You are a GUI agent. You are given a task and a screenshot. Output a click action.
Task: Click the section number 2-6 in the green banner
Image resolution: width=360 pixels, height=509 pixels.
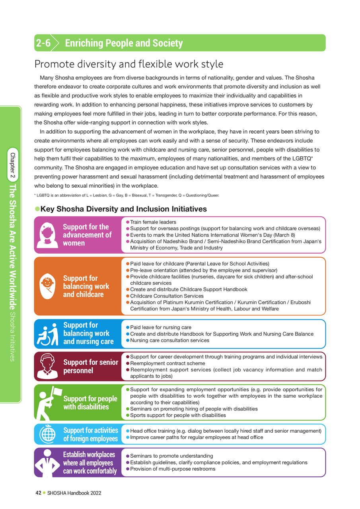[x=43, y=43]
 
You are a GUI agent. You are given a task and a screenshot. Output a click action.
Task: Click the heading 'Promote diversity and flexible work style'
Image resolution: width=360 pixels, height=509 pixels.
[x=129, y=64]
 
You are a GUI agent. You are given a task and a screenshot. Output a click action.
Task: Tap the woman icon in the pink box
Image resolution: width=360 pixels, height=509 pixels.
[x=48, y=235]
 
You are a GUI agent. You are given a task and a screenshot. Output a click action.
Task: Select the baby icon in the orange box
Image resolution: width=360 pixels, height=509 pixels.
[x=48, y=286]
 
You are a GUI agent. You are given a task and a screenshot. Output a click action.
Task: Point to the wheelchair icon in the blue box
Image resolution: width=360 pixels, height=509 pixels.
[x=48, y=334]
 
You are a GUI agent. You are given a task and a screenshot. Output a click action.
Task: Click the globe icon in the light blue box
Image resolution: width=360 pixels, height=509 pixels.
[x=48, y=434]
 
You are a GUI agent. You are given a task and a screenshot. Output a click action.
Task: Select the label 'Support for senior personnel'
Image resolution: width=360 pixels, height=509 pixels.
[x=90, y=366]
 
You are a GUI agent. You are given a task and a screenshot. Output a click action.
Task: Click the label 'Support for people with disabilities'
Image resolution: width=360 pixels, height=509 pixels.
[x=90, y=402]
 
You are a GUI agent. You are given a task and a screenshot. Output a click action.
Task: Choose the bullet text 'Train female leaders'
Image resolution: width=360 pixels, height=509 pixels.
[x=153, y=222]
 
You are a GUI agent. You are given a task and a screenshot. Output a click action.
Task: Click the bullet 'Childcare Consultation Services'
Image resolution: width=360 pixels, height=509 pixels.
[x=167, y=296]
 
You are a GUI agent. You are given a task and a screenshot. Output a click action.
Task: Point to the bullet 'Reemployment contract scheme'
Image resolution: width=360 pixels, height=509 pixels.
[x=167, y=363]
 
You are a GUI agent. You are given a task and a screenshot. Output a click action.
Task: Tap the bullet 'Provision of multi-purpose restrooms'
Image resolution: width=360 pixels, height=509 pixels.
[x=173, y=469]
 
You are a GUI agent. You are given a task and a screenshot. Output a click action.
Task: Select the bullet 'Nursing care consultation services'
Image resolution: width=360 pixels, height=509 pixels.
[x=169, y=340]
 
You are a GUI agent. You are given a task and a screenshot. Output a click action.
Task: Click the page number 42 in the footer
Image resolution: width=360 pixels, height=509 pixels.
[x=38, y=493]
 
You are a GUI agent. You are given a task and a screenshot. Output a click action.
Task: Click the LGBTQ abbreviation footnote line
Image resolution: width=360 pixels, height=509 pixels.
[x=126, y=195]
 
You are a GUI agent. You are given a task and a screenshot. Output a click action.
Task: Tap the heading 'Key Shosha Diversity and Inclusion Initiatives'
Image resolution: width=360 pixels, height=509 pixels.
[x=123, y=209]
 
